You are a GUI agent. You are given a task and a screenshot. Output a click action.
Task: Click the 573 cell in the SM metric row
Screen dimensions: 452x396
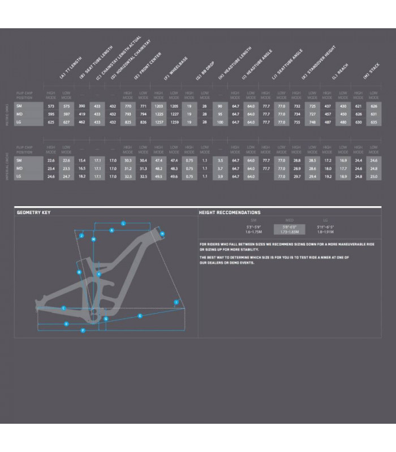(51, 106)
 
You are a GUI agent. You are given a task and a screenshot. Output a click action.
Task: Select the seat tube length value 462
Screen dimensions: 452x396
(81, 121)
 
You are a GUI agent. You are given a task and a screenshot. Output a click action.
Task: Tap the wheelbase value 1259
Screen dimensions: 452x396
(174, 121)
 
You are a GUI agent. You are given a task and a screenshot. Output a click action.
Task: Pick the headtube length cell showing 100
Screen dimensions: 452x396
(220, 121)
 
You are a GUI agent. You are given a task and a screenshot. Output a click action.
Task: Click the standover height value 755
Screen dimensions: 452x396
(296, 121)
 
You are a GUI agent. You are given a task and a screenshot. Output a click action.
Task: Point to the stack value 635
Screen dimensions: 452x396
(373, 121)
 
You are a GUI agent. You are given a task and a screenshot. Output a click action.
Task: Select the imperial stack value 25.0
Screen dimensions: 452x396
(373, 176)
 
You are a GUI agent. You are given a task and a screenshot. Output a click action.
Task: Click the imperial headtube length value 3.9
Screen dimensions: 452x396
(220, 176)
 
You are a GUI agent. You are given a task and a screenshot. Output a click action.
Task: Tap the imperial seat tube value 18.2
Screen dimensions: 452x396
(81, 176)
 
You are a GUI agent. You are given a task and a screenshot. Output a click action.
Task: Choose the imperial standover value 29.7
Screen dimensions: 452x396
(296, 176)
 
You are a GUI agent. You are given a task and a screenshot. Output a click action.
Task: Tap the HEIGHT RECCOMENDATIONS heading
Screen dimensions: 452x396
(230, 212)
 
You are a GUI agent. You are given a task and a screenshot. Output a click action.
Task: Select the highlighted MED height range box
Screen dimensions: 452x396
(289, 229)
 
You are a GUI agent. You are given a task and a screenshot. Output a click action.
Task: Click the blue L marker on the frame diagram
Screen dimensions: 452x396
(123, 224)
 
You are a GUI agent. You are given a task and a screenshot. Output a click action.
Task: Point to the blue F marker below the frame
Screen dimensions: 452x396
(83, 330)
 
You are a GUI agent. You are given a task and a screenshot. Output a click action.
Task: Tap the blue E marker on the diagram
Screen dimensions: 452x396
(140, 316)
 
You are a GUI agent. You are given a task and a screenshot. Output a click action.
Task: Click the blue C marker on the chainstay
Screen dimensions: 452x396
(63, 308)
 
